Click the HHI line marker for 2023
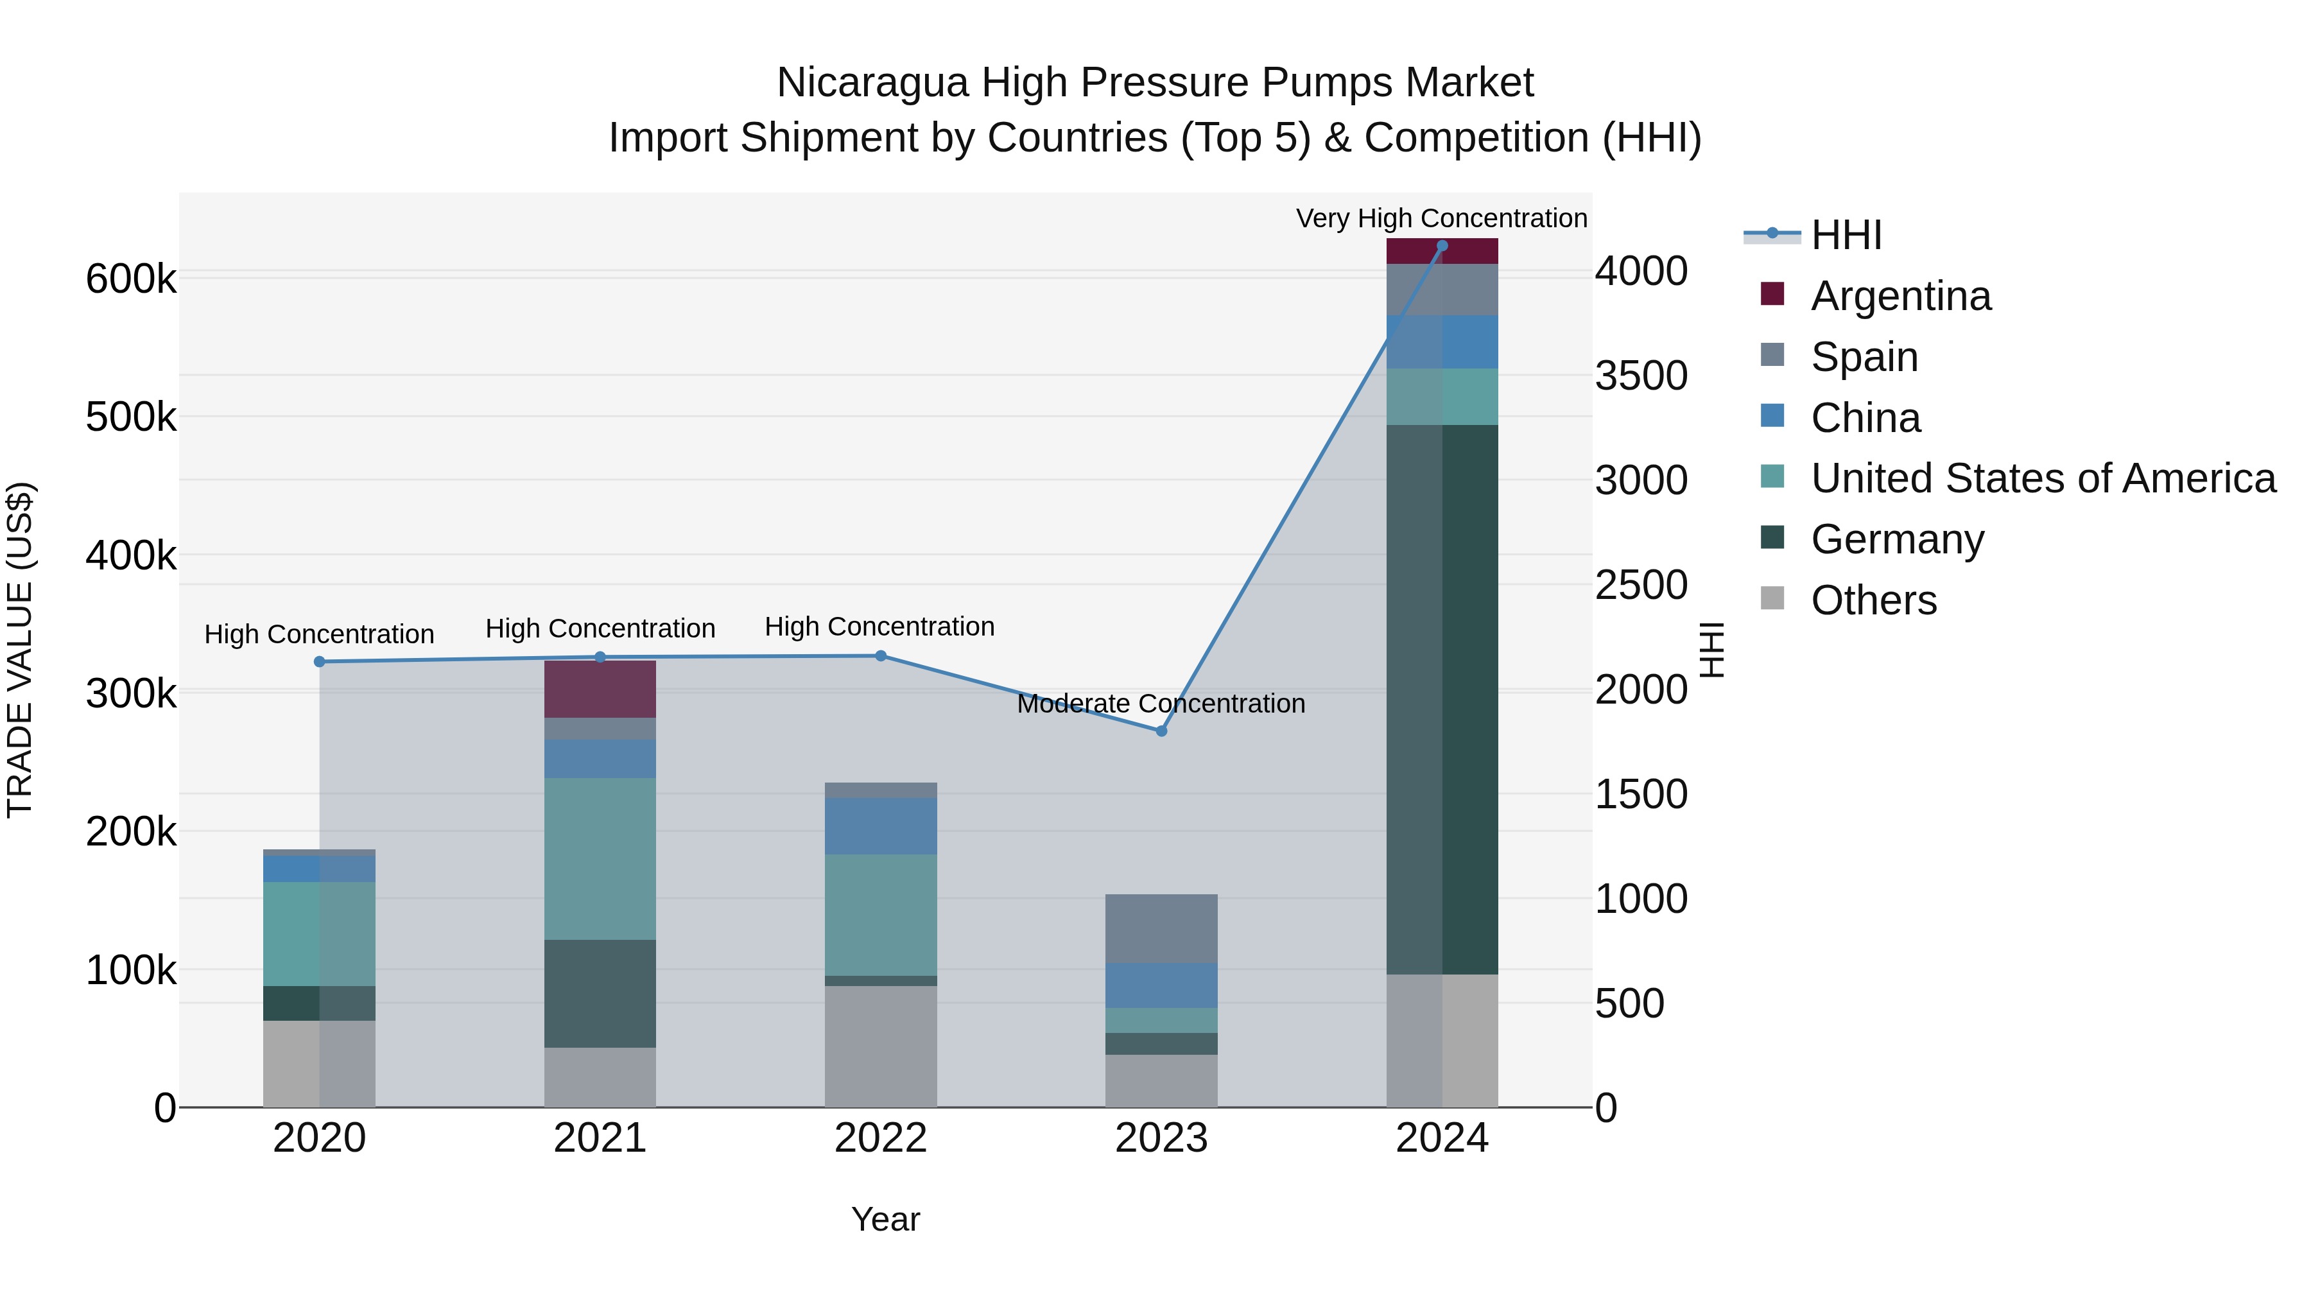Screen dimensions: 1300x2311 (x=1161, y=731)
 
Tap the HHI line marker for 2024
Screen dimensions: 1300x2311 (x=1442, y=246)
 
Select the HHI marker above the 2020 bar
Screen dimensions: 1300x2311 (x=320, y=662)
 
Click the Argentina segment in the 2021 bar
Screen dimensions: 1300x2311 (x=600, y=689)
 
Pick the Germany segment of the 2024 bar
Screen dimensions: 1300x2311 (x=1442, y=700)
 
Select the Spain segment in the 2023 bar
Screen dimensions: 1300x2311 (x=1161, y=928)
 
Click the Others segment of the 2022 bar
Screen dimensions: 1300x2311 (x=880, y=1046)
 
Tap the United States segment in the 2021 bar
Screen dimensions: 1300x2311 (x=600, y=858)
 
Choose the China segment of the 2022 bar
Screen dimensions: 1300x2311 (x=880, y=826)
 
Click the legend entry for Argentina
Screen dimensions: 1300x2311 (x=1900, y=296)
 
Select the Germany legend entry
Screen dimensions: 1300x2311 (x=1896, y=539)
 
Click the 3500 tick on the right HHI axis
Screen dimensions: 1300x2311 (x=1641, y=376)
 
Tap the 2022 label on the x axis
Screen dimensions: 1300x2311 (x=880, y=1138)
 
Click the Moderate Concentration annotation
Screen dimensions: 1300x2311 (x=1161, y=704)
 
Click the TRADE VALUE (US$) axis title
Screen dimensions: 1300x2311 (x=20, y=650)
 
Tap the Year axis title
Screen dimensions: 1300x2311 (x=885, y=1219)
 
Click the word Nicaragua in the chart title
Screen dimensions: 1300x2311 (x=872, y=83)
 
